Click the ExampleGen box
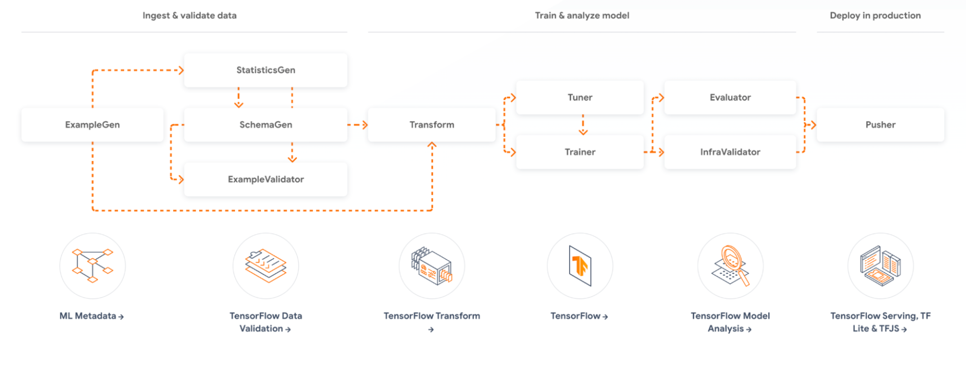click(92, 125)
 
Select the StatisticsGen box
click(266, 70)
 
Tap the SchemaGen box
click(266, 125)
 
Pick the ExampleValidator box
click(266, 180)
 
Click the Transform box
click(432, 125)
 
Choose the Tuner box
click(580, 98)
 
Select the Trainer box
click(580, 152)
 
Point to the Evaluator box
click(730, 98)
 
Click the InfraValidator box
click(730, 152)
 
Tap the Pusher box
click(880, 125)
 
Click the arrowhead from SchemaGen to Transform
click(364, 125)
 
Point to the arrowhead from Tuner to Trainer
click(583, 132)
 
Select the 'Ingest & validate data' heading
click(189, 16)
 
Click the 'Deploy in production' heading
click(875, 16)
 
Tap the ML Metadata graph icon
click(93, 266)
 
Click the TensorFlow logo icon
click(580, 266)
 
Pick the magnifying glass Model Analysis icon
click(731, 266)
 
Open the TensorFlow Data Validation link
click(266, 322)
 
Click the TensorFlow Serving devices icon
click(880, 266)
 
